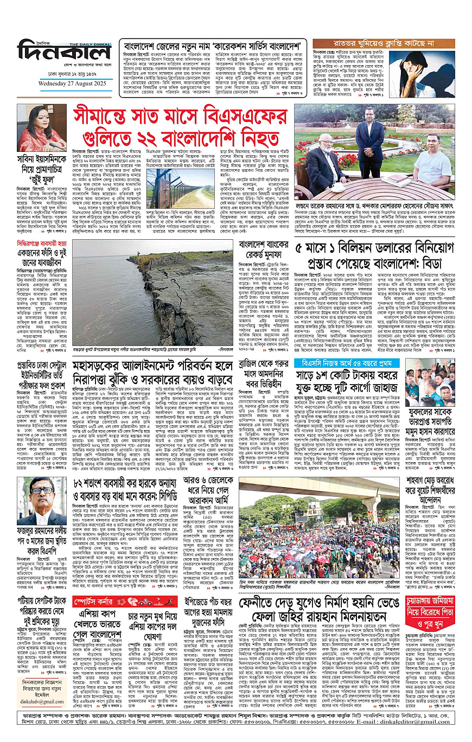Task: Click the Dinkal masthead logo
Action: coord(64,53)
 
